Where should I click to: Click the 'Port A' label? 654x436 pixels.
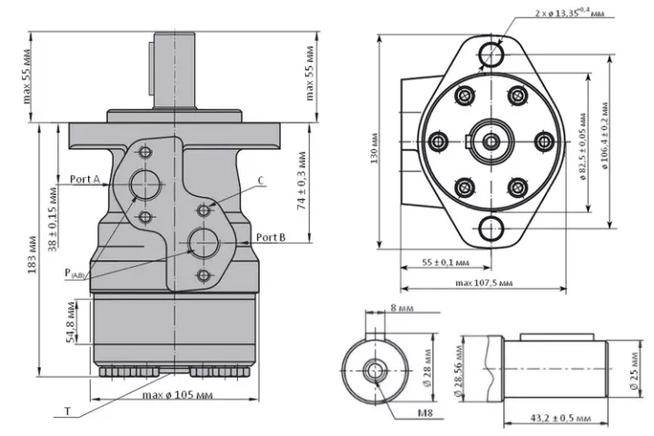(84, 180)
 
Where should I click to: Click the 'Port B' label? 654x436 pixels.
(271, 237)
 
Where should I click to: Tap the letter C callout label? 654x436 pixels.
(261, 181)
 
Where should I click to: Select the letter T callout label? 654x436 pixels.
(67, 411)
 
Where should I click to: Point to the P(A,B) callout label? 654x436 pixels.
(74, 273)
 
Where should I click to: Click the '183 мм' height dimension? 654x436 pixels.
(33, 255)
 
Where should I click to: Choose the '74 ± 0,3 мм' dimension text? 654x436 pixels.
(302, 180)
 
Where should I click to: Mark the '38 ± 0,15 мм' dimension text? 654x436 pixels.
(53, 220)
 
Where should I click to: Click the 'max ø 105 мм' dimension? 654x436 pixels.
(177, 395)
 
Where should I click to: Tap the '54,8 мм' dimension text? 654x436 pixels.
(72, 322)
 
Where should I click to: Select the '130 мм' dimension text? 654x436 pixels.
(374, 149)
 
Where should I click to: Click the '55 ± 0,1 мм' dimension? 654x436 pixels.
(445, 263)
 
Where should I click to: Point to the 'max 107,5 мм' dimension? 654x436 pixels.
(484, 283)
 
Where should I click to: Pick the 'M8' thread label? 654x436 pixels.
(425, 413)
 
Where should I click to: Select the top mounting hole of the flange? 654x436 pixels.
(490, 54)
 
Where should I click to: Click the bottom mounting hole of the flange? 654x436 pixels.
(490, 229)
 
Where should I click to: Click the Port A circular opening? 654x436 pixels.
(144, 184)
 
